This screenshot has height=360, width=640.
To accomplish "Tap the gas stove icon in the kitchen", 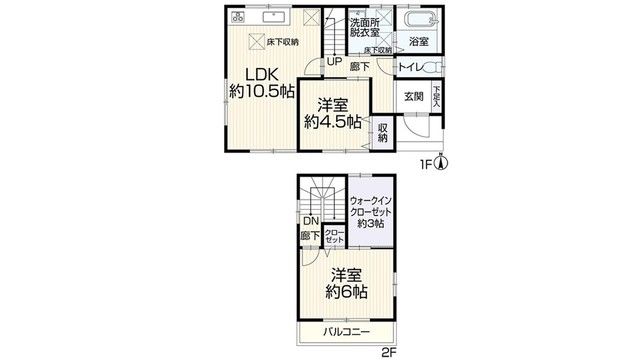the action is click(238, 17).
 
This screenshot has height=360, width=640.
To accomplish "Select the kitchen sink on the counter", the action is click(274, 17).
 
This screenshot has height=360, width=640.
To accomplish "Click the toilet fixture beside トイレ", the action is click(433, 67).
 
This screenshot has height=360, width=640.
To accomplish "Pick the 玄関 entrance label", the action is click(414, 97).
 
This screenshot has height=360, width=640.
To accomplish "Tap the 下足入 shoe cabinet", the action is click(437, 96).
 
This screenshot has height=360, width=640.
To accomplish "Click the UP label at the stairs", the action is click(334, 62).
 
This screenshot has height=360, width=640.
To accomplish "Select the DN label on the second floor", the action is click(311, 222).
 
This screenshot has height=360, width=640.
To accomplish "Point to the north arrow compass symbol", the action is click(441, 162).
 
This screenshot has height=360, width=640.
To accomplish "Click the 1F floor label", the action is click(426, 164).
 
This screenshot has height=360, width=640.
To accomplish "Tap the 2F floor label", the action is click(389, 353).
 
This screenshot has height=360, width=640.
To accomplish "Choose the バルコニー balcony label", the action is click(347, 331).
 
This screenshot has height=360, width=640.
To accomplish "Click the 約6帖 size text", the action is click(346, 292).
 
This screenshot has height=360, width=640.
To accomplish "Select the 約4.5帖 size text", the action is click(333, 122).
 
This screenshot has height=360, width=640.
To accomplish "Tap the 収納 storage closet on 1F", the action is click(382, 133).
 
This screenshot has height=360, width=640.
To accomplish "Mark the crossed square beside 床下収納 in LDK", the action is click(257, 41).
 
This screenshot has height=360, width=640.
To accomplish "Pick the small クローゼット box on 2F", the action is click(334, 236).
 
